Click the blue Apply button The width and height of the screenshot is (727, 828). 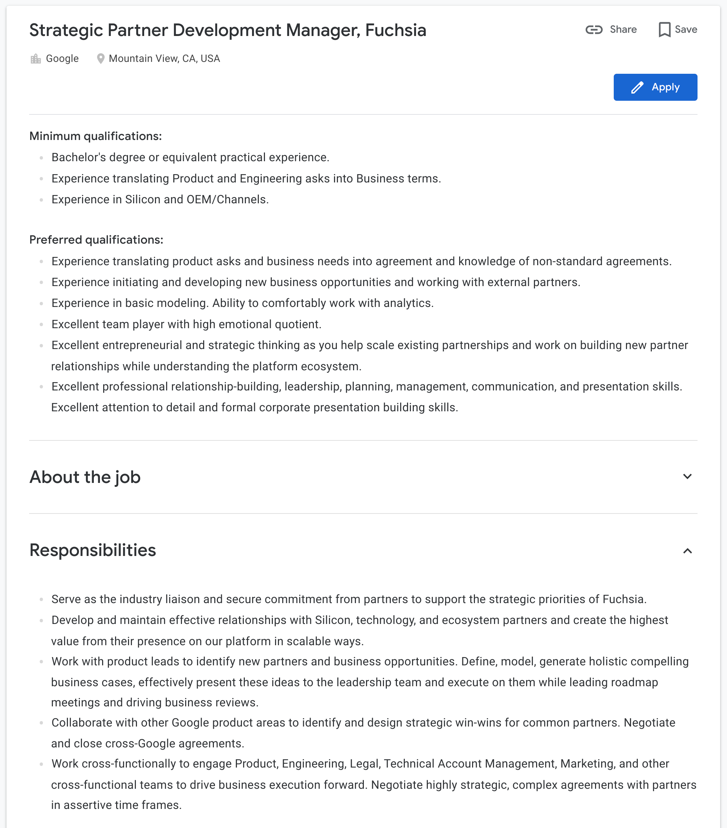coord(655,87)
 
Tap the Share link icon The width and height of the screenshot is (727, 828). coord(594,30)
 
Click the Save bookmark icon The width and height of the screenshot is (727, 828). coord(664,30)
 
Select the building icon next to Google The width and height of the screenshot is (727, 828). coord(36,59)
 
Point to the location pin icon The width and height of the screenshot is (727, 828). coord(101,59)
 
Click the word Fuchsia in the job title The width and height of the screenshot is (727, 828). coord(395,30)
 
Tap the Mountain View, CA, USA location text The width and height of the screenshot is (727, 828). coord(164,59)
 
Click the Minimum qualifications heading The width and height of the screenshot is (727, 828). coord(96,136)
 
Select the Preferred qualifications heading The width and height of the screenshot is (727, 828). coord(96,240)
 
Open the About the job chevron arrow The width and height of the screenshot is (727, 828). coord(687,476)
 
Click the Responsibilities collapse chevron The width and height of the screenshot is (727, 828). coord(687,551)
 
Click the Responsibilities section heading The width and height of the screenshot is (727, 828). coord(93,550)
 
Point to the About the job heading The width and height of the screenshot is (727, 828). coord(85,477)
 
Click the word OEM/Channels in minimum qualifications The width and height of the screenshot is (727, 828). coord(227,200)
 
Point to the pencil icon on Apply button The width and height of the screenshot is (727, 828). coord(637,87)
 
